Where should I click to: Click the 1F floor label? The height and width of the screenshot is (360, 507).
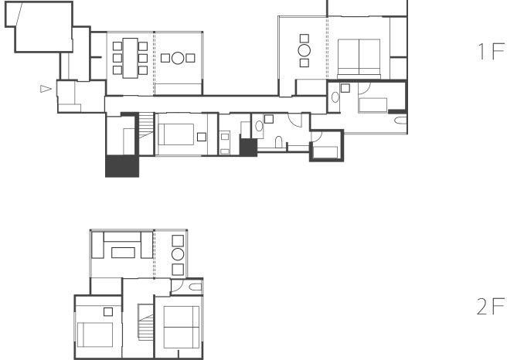491,52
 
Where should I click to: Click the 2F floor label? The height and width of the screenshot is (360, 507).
491,307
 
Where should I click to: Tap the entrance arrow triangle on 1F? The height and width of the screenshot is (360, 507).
46,89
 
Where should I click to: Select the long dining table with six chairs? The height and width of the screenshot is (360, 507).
131,58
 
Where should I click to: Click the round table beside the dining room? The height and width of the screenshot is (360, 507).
178,58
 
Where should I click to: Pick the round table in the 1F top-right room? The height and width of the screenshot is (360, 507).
305,50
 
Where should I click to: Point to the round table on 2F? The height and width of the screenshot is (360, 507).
178,254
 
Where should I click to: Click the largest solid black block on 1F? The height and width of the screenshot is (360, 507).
122,166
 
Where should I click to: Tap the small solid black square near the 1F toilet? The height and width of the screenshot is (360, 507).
248,148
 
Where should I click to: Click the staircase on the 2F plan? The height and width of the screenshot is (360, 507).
145,322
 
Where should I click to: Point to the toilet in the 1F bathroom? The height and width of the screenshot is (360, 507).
279,142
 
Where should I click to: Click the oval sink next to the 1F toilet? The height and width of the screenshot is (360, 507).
259,126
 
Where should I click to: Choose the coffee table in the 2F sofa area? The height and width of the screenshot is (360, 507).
123,253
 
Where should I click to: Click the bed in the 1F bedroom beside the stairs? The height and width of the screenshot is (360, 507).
176,134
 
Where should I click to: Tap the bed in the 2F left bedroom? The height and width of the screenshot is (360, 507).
95,335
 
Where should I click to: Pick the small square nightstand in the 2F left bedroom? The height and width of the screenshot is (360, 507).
108,312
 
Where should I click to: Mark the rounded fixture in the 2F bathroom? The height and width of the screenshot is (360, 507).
196,287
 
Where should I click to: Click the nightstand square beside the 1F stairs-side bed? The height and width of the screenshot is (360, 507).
202,137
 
